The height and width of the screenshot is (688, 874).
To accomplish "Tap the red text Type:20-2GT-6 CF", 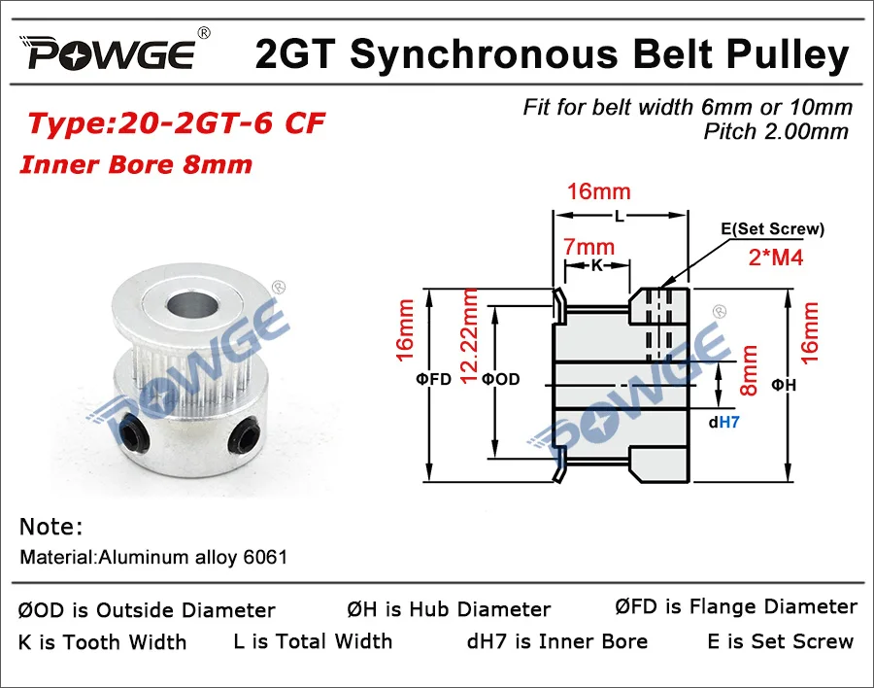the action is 176,123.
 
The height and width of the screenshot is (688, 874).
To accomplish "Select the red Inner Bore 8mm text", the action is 136,164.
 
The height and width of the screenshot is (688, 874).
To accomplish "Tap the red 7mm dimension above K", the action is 588,247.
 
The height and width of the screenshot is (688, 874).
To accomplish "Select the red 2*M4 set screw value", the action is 775,258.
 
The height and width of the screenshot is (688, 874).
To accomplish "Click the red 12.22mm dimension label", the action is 469,336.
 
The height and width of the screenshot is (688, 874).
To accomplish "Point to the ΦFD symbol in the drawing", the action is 433,379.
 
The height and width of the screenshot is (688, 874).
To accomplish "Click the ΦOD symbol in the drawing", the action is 500,379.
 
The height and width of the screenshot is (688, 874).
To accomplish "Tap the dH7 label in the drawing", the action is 723,423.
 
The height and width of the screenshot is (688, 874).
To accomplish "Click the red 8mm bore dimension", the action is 749,370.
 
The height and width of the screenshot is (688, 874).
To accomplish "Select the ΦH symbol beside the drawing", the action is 784,385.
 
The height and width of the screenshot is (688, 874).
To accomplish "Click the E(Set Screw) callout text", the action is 772,228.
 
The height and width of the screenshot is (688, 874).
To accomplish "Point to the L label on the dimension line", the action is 620,216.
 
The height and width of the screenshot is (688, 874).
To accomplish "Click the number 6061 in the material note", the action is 265,557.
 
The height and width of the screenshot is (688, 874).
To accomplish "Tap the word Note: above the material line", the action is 50,527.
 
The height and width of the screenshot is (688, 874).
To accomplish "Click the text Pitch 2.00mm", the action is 775,132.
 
